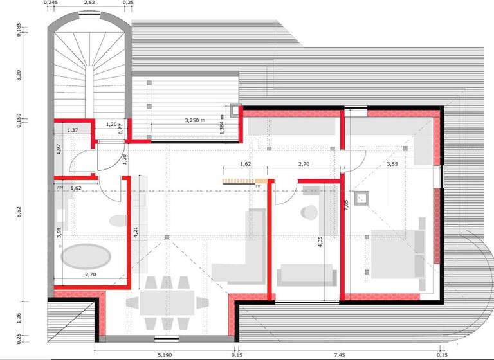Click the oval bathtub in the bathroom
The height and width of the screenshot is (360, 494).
pyautogui.click(x=87, y=259)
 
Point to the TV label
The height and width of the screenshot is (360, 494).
pyautogui.click(x=257, y=186)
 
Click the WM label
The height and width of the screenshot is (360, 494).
pyautogui.click(x=59, y=187)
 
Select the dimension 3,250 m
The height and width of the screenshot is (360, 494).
pyautogui.click(x=195, y=120)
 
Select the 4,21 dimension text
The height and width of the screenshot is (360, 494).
pyautogui.click(x=136, y=231)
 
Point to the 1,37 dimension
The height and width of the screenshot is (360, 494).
pyautogui.click(x=73, y=130)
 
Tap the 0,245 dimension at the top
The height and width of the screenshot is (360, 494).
pyautogui.click(x=51, y=3)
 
